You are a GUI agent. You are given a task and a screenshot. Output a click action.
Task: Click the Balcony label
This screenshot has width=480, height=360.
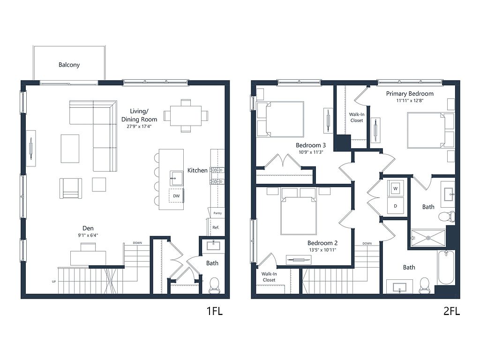pyautogui.click(x=69, y=65)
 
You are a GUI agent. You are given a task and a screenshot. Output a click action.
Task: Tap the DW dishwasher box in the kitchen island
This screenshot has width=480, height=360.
pyautogui.click(x=176, y=195)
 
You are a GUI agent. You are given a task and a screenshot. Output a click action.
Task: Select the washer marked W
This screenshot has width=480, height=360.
pyautogui.click(x=395, y=188)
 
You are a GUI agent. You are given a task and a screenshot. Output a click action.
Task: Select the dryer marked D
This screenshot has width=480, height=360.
pyautogui.click(x=395, y=206)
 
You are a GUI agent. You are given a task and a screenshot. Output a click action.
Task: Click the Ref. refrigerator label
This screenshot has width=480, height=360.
pyautogui.click(x=216, y=227)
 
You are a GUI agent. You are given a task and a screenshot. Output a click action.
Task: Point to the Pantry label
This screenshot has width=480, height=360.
pyautogui.click(x=217, y=213)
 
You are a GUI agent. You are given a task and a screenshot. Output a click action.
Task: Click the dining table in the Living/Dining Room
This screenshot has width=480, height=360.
pyautogui.click(x=186, y=116)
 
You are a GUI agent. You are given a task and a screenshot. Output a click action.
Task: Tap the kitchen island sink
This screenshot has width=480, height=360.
pyautogui.click(x=177, y=178)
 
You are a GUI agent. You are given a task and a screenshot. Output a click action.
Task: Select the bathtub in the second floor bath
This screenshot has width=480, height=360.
pyautogui.click(x=446, y=267)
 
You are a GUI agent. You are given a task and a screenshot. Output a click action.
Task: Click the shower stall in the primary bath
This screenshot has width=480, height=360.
pyautogui.click(x=428, y=238)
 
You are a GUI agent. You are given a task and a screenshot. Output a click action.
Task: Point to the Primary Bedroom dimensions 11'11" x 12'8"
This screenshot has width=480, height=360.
pyautogui.click(x=410, y=100)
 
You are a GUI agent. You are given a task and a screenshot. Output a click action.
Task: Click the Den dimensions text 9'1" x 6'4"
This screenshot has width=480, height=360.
pyautogui.click(x=88, y=235)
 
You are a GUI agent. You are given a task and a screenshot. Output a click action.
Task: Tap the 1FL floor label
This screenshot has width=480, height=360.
pyautogui.click(x=214, y=311)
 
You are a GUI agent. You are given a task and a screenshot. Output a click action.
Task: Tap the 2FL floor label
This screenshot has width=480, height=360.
pyautogui.click(x=451, y=311)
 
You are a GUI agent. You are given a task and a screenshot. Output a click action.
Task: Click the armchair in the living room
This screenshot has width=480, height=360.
pyautogui.click(x=71, y=188)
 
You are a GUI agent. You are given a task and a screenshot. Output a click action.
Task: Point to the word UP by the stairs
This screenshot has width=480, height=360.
pyautogui.click(x=54, y=281)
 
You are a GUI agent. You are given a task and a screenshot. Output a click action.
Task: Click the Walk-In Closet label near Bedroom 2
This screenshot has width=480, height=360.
pyautogui.click(x=269, y=277)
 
